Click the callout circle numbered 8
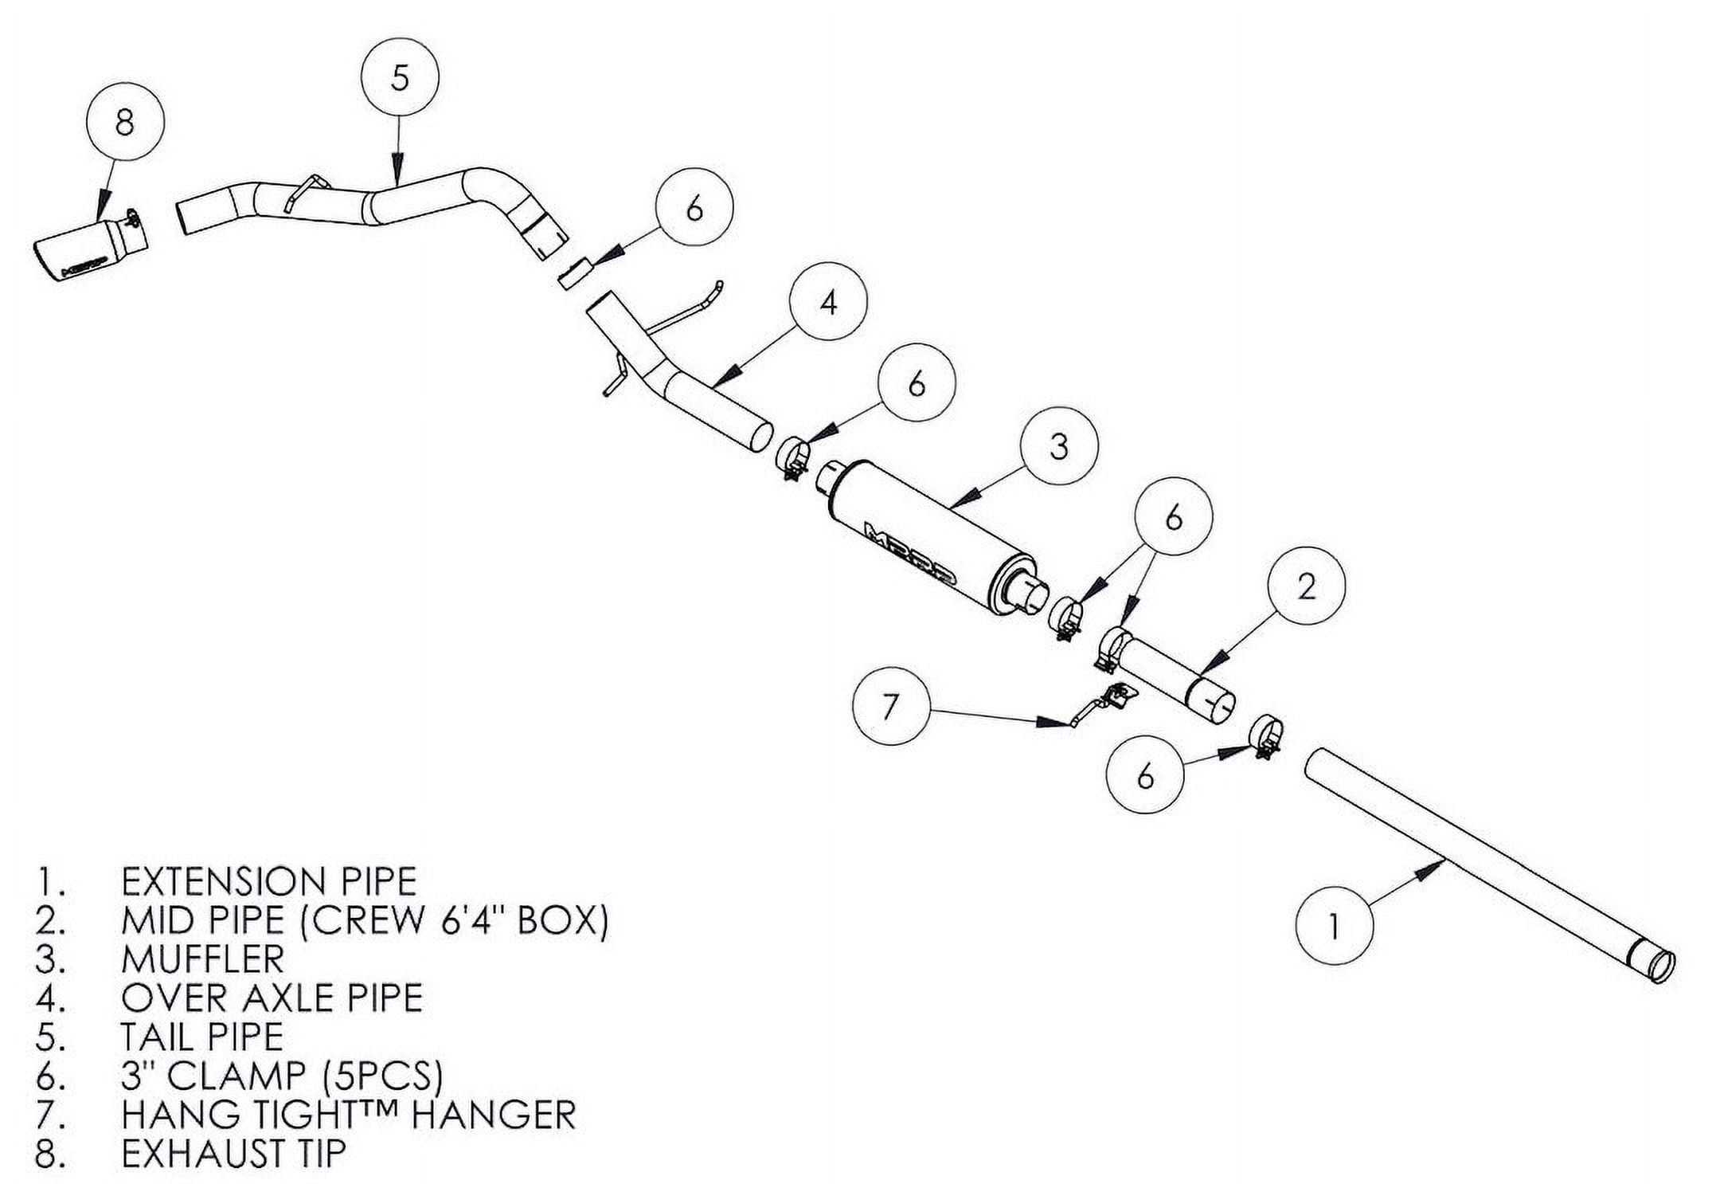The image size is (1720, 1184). coord(124,123)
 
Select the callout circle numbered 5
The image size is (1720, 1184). coord(400,78)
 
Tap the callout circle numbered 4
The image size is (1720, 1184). coord(828,303)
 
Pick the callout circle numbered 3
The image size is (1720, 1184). coord(1058,446)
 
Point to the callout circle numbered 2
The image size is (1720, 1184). coord(1307,586)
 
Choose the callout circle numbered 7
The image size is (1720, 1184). coord(890,706)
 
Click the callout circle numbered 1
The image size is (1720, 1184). coord(1334,926)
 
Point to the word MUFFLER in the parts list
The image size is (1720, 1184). coord(202,959)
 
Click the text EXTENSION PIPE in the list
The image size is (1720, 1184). coord(268,881)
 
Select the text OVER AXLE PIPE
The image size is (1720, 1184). coord(272,998)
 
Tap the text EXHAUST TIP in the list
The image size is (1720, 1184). coord(233,1153)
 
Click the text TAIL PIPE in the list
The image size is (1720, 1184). coord(202,1037)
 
